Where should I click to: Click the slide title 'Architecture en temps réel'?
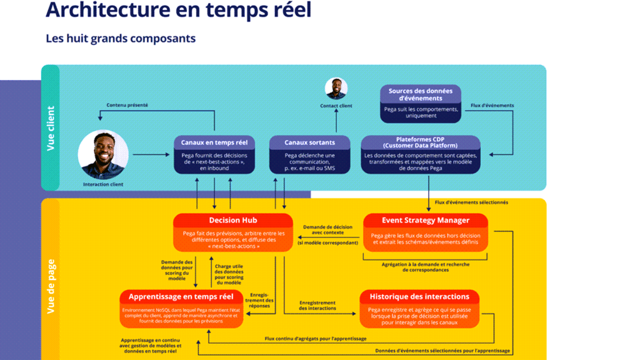[x=178, y=11]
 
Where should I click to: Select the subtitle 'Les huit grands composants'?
[x=121, y=39]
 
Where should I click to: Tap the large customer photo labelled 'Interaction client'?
[x=103, y=154]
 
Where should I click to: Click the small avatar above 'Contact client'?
[x=336, y=89]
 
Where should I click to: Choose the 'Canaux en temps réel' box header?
[x=214, y=142]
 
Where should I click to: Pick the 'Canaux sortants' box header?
[x=309, y=142]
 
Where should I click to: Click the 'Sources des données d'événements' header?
[x=421, y=94]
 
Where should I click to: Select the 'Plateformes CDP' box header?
[x=421, y=142]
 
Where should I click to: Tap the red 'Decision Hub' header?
[x=232, y=220]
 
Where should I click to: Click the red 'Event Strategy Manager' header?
[x=425, y=220]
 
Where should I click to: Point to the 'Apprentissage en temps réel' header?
[x=181, y=296]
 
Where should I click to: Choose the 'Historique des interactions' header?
[x=419, y=296]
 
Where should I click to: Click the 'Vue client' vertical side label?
[x=51, y=128]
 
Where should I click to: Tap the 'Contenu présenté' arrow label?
[x=127, y=105]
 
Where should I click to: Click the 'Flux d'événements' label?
[x=492, y=105]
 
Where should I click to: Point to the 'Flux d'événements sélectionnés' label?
[x=471, y=202]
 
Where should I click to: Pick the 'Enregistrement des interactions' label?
[x=317, y=306]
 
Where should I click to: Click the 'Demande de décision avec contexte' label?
[x=327, y=229]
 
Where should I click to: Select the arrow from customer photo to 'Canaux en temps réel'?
[x=150, y=154]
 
